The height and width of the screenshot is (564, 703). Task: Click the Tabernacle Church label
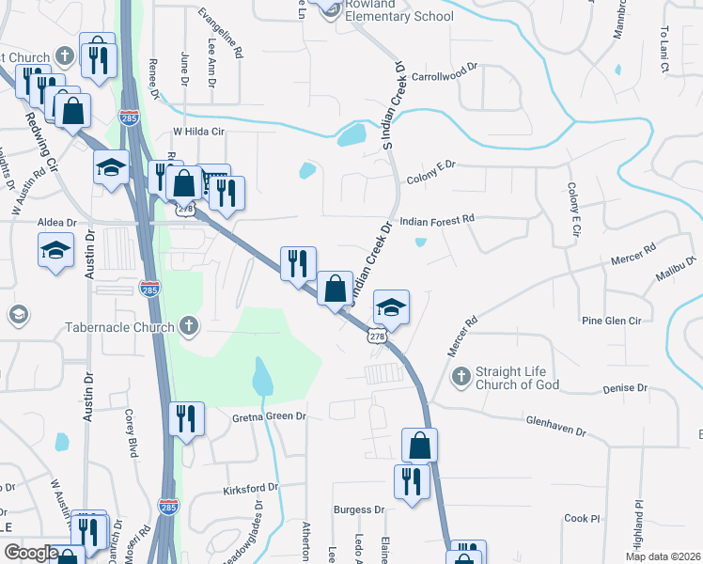click(120, 327)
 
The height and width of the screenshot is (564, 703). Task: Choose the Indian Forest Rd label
click(438, 219)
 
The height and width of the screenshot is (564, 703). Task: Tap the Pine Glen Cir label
click(611, 321)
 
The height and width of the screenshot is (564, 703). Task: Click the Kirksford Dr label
click(251, 488)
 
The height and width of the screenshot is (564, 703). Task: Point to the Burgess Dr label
click(359, 509)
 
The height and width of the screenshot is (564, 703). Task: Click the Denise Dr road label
click(626, 387)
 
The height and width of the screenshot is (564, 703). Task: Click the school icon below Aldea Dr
click(55, 249)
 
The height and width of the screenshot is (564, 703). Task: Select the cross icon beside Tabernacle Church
click(188, 326)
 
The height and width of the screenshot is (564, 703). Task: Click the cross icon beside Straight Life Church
click(461, 377)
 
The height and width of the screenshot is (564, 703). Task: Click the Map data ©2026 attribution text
click(663, 556)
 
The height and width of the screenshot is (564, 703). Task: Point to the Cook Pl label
click(582, 518)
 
